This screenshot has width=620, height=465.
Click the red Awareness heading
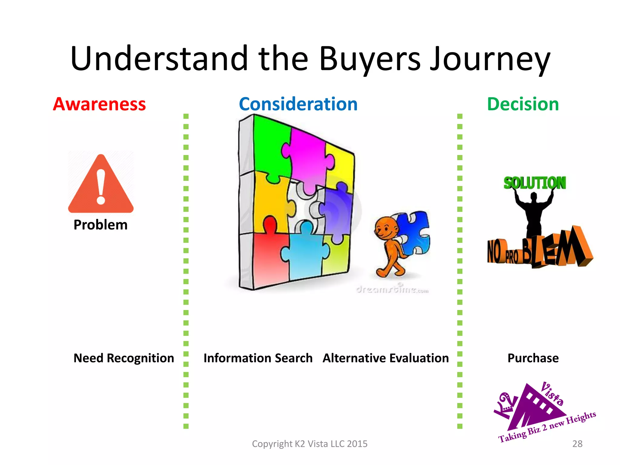click(x=99, y=104)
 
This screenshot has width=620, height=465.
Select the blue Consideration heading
click(x=298, y=104)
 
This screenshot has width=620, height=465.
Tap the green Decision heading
click(x=523, y=104)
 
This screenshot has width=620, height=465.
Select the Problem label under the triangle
click(x=101, y=225)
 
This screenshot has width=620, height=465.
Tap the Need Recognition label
click(x=124, y=358)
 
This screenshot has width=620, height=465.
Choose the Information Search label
click(x=258, y=358)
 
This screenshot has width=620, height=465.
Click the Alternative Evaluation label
click(x=386, y=358)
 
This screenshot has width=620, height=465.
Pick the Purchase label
click(x=533, y=358)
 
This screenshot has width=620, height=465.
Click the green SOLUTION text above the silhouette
click(x=535, y=183)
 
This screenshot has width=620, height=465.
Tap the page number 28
click(x=577, y=444)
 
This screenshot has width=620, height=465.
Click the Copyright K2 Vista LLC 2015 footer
click(x=309, y=444)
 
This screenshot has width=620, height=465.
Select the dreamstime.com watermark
click(x=392, y=290)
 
